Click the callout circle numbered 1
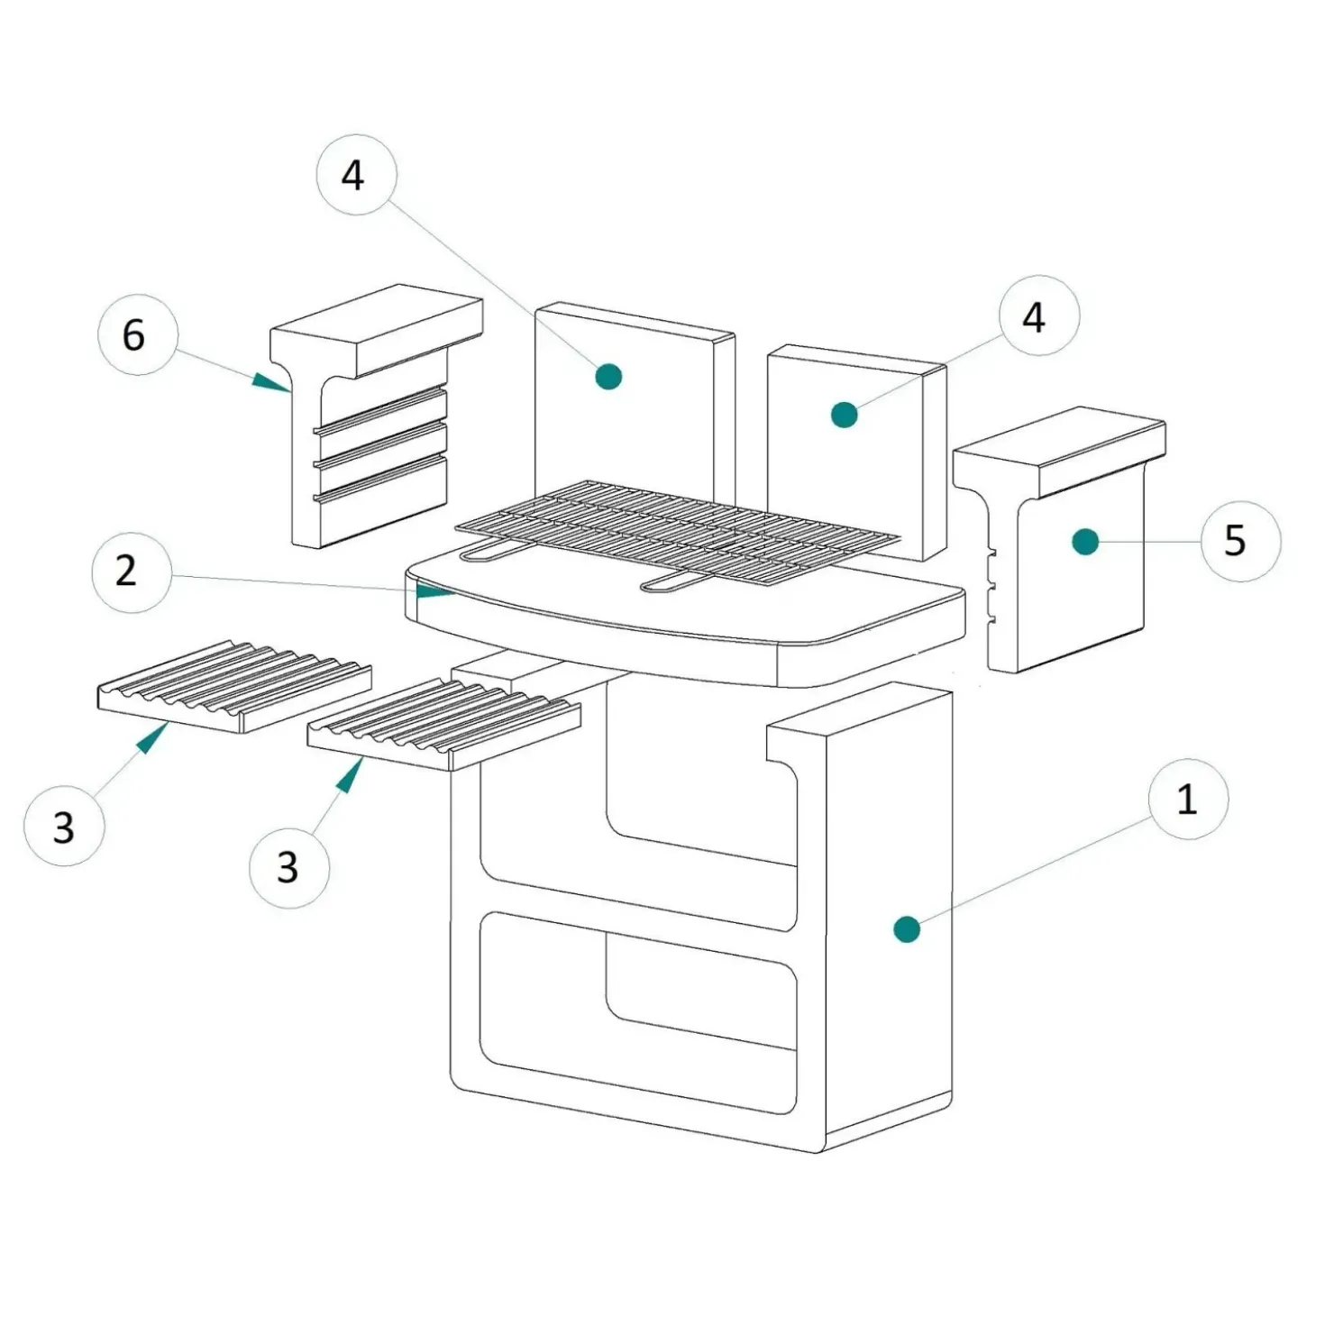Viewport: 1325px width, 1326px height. [x=1188, y=800]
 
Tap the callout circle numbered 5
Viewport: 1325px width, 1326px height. [x=1241, y=542]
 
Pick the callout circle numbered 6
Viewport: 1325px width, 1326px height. [x=138, y=335]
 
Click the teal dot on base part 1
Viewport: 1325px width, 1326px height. [x=907, y=929]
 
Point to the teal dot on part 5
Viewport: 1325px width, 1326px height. [x=1085, y=543]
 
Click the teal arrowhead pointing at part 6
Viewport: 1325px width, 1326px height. [x=271, y=382]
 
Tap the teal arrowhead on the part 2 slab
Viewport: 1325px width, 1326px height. [x=435, y=591]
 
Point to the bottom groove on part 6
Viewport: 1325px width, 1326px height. [x=380, y=475]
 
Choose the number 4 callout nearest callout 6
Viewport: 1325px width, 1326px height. [x=357, y=175]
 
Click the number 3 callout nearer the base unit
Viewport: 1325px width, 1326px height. [x=289, y=868]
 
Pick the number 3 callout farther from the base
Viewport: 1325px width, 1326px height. [x=64, y=825]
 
